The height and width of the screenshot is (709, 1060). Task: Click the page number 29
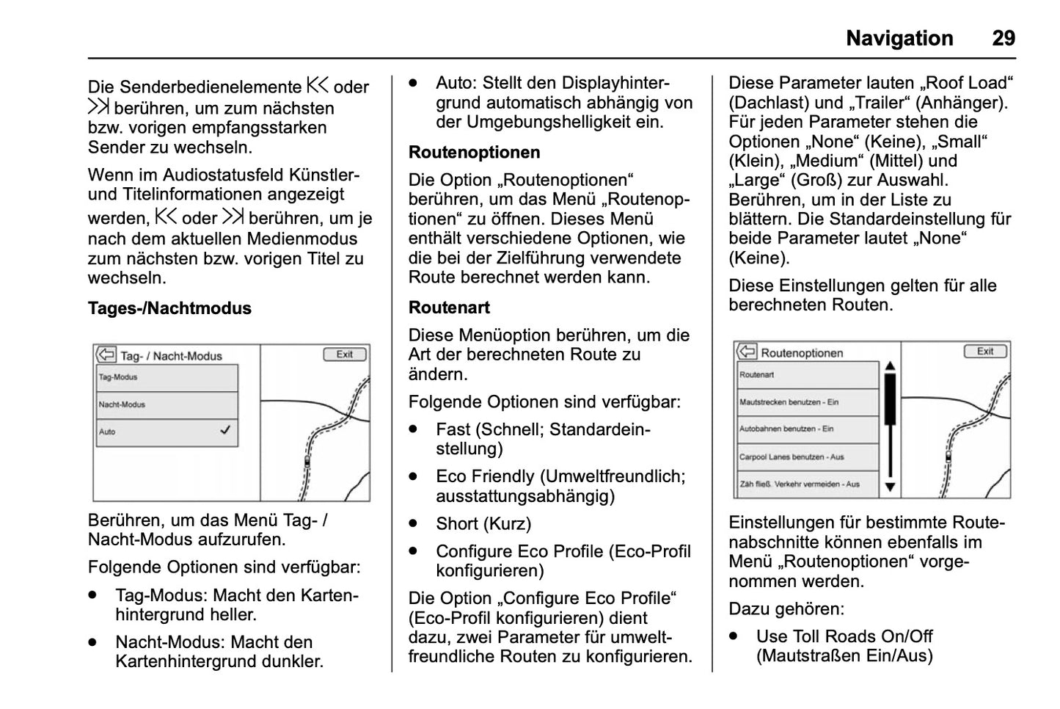click(1004, 38)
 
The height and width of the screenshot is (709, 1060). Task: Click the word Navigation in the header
click(899, 38)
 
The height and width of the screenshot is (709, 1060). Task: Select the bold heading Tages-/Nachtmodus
click(169, 308)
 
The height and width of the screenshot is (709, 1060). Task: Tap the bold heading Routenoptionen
click(474, 153)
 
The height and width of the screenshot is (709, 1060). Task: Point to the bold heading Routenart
click(449, 308)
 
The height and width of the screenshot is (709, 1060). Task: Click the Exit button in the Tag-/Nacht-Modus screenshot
click(345, 354)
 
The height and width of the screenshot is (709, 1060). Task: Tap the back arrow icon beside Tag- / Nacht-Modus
click(106, 355)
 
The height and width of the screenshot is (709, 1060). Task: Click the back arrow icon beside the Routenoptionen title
click(747, 352)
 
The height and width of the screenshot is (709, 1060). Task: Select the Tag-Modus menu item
click(167, 378)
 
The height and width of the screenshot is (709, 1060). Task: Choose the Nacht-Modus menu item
click(167, 405)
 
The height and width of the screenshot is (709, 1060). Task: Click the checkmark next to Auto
click(225, 431)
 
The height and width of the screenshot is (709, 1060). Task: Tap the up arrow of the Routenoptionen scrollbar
click(890, 367)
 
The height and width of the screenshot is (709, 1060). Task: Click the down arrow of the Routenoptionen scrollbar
click(890, 487)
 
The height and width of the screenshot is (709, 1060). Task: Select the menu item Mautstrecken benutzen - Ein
click(807, 402)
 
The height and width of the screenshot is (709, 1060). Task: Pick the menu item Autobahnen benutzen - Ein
click(807, 429)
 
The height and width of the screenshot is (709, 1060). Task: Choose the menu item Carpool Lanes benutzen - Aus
click(807, 457)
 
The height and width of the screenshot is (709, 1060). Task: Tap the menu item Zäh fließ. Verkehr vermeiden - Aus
click(807, 484)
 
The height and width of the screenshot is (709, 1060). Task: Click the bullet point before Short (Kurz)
click(414, 524)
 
